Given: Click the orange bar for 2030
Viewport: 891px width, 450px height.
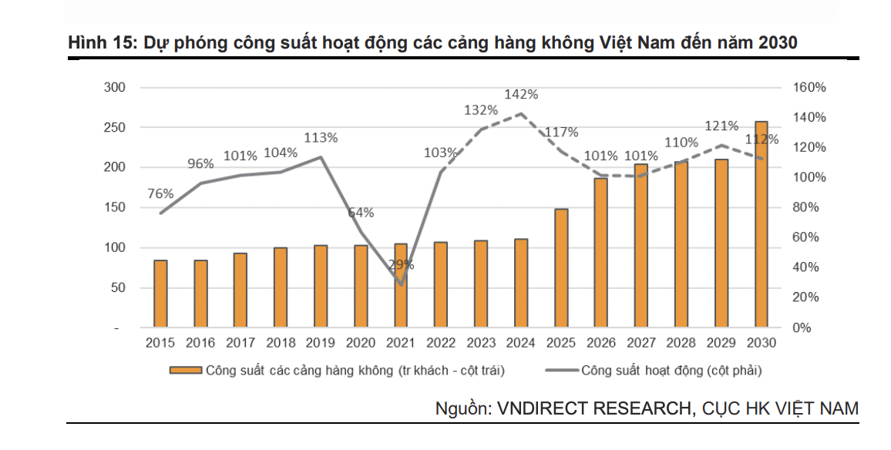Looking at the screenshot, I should pyautogui.click(x=761, y=224).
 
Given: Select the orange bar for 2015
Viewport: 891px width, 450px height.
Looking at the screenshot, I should pyautogui.click(x=160, y=294).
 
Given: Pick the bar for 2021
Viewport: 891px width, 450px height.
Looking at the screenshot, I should pyautogui.click(x=400, y=286).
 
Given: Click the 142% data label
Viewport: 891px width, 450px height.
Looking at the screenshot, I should pyautogui.click(x=521, y=94).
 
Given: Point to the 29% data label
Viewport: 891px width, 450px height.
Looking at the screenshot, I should pyautogui.click(x=401, y=264).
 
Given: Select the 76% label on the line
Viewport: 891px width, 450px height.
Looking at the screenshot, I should pyautogui.click(x=160, y=193).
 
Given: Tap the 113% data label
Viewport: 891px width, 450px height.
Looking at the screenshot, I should pyautogui.click(x=321, y=138).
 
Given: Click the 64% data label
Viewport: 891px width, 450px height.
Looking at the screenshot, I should pyautogui.click(x=360, y=213).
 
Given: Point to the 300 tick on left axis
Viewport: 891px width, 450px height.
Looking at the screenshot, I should pyautogui.click(x=115, y=87).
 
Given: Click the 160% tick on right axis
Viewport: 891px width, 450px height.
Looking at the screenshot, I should pyautogui.click(x=809, y=87).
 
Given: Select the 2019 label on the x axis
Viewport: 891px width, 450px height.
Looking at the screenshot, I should pyautogui.click(x=320, y=343).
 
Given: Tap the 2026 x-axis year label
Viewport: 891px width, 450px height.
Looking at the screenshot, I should pyautogui.click(x=600, y=343).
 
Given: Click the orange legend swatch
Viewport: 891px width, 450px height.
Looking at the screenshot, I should pyautogui.click(x=185, y=371).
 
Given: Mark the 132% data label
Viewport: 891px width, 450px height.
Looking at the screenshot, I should pyautogui.click(x=481, y=110).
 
